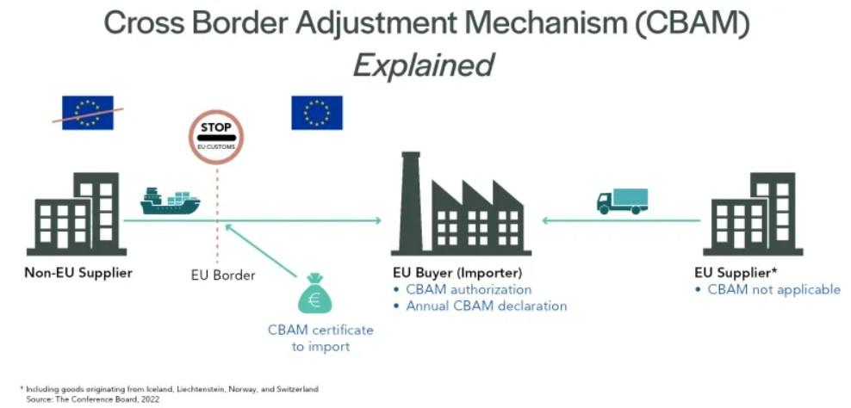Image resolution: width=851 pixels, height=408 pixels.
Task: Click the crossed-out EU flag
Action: tap(87, 112)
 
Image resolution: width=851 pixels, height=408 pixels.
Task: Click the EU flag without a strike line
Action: tap(316, 112)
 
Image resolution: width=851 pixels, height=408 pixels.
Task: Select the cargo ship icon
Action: tap(170, 201)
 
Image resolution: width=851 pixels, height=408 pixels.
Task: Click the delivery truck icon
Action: tap(621, 201)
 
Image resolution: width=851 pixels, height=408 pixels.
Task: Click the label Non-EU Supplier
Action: tap(78, 274)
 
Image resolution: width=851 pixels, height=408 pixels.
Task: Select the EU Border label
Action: tap(222, 275)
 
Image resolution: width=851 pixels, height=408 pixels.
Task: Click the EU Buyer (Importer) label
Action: tap(457, 274)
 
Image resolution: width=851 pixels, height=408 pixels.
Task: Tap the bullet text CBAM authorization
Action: tap(469, 289)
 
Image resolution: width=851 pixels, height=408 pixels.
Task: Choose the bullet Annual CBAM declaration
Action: tap(487, 306)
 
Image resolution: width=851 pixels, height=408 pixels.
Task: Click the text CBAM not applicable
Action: tap(773, 289)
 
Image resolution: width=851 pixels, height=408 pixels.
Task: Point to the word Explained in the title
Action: tap(425, 65)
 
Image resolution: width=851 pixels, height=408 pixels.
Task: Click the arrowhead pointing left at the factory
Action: tap(546, 220)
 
